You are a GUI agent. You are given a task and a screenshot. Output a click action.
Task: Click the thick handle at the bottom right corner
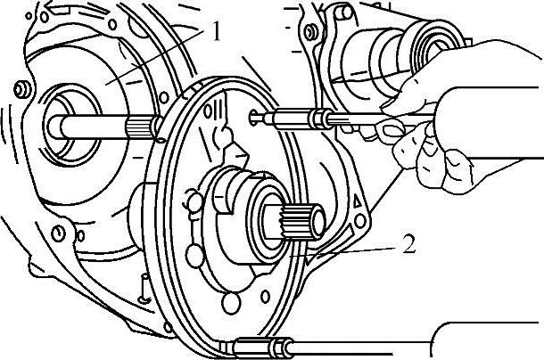(486, 342)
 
